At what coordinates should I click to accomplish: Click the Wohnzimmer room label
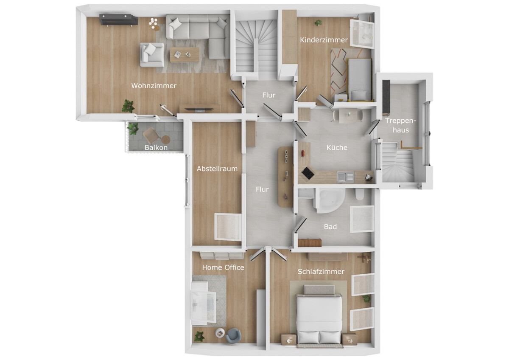pyautogui.click(x=154, y=86)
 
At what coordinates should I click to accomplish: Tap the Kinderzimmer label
pyautogui.click(x=324, y=40)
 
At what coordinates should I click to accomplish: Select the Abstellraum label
pyautogui.click(x=217, y=169)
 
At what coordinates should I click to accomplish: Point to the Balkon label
pyautogui.click(x=156, y=148)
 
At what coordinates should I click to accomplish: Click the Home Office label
pyautogui.click(x=223, y=267)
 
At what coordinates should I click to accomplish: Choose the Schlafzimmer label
pyautogui.click(x=321, y=272)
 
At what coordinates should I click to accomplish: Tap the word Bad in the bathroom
pyautogui.click(x=330, y=227)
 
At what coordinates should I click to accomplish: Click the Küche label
pyautogui.click(x=337, y=148)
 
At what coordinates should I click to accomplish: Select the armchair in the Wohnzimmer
pyautogui.click(x=152, y=55)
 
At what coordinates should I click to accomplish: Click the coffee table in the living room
pyautogui.click(x=185, y=55)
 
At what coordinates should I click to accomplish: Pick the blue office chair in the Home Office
pyautogui.click(x=233, y=336)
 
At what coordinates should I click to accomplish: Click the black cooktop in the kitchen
pyautogui.click(x=308, y=174)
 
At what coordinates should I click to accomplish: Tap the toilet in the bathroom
pyautogui.click(x=360, y=194)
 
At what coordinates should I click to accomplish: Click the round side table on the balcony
pyautogui.click(x=166, y=140)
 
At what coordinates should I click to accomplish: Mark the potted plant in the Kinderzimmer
pyautogui.click(x=318, y=23)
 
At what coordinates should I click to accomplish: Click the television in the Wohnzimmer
pyautogui.click(x=199, y=110)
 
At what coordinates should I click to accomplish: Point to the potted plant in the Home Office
pyautogui.click(x=199, y=336)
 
